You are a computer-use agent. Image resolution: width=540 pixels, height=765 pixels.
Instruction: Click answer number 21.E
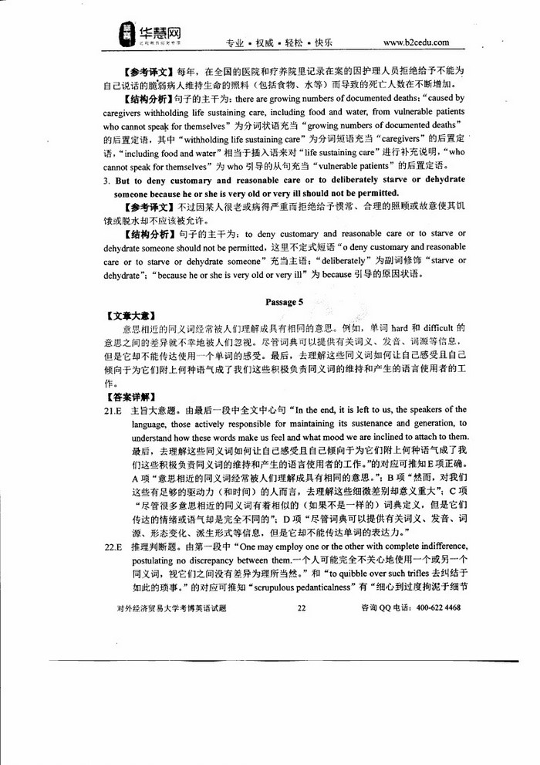[113, 410]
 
